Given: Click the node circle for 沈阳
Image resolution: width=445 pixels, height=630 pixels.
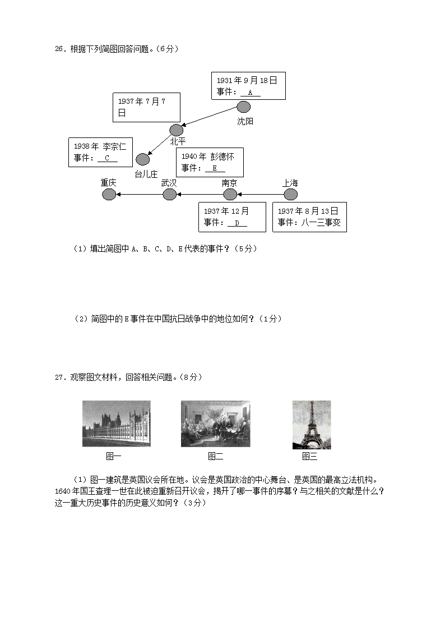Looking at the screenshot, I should pos(243,107).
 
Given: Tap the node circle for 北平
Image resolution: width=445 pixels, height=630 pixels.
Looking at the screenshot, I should pos(177,130).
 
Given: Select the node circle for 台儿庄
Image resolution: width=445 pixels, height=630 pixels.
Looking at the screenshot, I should pos(143,159).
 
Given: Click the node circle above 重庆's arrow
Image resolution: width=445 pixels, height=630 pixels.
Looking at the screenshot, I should pos(109,194).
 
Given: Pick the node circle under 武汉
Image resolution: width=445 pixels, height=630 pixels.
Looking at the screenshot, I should pos(169,194).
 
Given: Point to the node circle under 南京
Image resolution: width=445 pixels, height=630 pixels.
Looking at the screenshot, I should pos(230,194).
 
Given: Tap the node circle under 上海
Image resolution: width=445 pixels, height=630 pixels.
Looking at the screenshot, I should pos(290,194).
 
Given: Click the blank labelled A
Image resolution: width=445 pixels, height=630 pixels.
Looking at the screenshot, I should pos(251,93).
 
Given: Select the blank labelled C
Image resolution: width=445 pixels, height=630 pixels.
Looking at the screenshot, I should pos(107,158).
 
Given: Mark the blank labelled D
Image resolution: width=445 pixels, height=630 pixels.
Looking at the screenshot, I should pos(237,223).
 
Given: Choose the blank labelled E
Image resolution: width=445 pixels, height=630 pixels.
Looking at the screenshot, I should pos(215,168).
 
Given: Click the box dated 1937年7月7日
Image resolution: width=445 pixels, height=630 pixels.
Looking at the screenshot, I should pos(146,107).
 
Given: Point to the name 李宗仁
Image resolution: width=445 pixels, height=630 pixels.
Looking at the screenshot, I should pos(115,146).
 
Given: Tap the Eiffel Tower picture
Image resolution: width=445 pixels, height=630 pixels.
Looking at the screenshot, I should pos(312,425).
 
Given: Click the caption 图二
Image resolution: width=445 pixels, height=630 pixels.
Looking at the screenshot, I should pos(216,456).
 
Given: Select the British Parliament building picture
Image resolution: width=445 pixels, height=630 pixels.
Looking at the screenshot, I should pos(116,424).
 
